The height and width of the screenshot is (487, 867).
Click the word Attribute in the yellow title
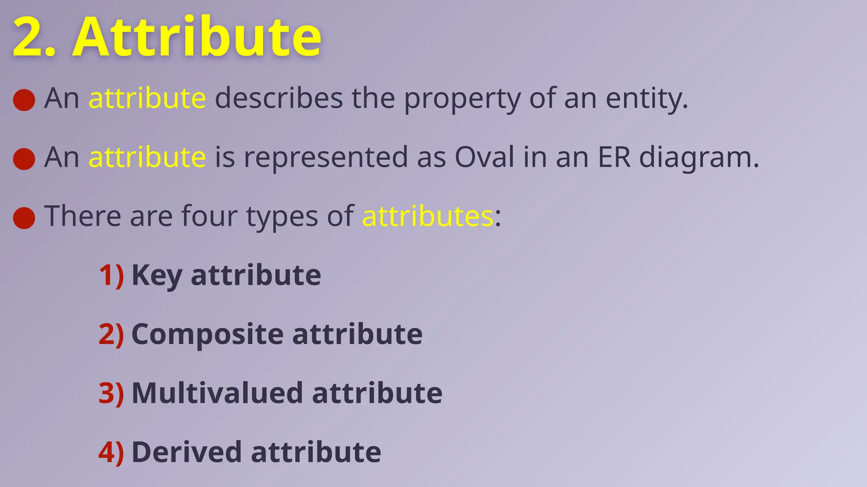pos(197,37)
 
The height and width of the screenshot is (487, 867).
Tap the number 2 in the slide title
pos(29,37)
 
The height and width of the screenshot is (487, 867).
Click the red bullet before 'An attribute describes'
pos(24,100)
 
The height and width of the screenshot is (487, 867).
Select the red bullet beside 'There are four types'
pos(24,218)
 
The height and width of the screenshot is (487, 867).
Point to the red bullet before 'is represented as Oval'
pos(24,159)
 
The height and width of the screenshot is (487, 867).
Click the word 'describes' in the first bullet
pos(279,98)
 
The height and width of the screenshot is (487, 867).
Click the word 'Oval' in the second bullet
pos(484,157)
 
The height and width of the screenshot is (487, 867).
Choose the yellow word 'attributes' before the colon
pos(428,216)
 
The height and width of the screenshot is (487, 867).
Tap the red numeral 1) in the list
pos(111,276)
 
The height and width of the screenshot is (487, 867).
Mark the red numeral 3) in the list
pos(111,394)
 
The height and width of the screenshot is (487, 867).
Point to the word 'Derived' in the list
pos(187,452)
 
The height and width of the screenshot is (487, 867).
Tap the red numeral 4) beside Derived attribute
pos(111,452)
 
